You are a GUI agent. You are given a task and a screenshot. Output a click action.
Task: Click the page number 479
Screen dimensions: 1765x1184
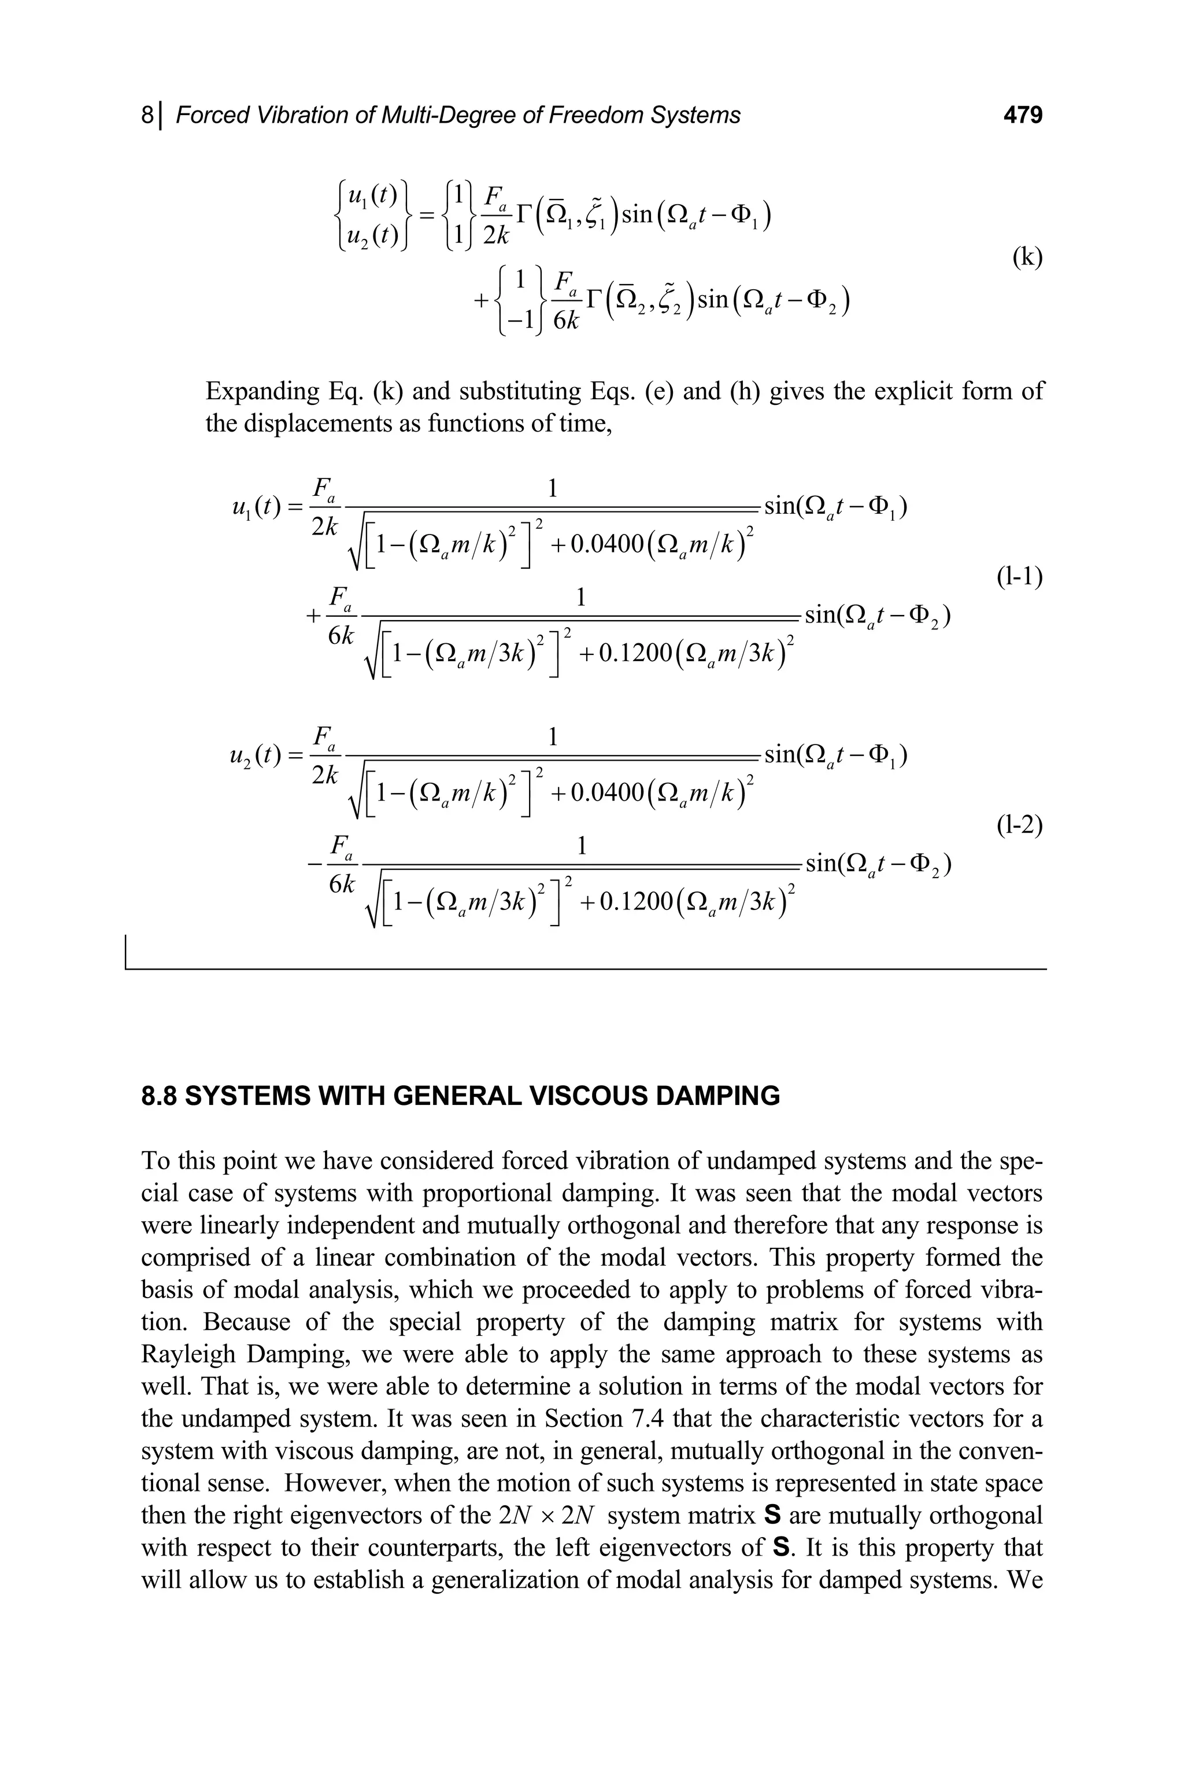(x=1022, y=116)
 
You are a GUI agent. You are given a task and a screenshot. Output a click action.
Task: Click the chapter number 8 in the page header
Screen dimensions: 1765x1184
(x=147, y=116)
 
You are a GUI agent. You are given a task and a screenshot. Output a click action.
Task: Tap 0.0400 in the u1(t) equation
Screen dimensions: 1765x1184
(x=606, y=545)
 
